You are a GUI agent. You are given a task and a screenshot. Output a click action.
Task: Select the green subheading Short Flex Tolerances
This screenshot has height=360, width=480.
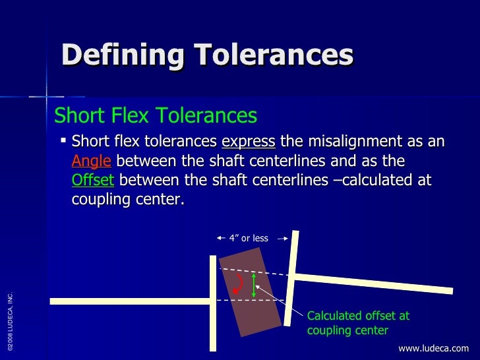[x=156, y=116]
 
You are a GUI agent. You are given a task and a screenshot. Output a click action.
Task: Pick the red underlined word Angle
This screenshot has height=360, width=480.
[x=91, y=162]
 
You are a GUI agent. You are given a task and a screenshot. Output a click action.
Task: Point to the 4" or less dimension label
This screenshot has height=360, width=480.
[x=249, y=238]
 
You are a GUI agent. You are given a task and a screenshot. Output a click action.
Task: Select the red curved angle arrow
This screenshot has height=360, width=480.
[x=239, y=284]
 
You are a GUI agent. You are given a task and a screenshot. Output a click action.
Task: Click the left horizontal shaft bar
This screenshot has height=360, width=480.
[x=132, y=301]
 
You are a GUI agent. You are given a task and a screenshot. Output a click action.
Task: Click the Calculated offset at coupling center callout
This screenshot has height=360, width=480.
[x=358, y=323]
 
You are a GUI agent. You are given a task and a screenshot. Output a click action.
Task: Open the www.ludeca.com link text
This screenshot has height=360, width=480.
[x=433, y=348]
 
